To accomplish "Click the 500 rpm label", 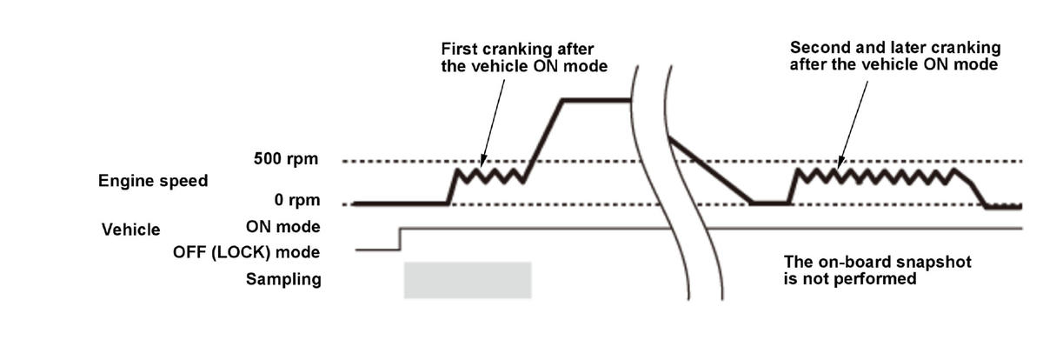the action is (286, 159).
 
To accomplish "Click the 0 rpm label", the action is (297, 200).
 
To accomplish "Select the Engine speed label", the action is (153, 181).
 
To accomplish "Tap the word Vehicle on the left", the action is (131, 230).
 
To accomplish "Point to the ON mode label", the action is (283, 227).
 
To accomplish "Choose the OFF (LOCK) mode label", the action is (246, 252).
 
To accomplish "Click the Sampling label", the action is (283, 279).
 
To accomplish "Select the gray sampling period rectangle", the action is (468, 280).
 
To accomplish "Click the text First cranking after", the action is (517, 49).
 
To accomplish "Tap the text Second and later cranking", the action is (895, 48).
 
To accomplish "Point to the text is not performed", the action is (850, 279).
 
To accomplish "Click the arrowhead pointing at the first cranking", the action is (483, 162).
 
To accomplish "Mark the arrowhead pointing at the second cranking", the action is (840, 163).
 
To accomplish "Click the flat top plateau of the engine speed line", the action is (596, 100).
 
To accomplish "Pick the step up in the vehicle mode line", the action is (400, 239).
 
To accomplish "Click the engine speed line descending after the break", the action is (711, 170).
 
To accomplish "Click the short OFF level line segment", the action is (377, 250).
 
